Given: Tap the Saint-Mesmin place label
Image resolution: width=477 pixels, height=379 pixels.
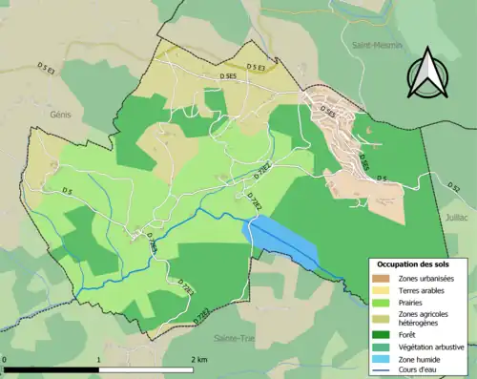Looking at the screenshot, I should pyautogui.click(x=372, y=45).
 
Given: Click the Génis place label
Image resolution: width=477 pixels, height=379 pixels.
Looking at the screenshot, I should pyautogui.click(x=62, y=112).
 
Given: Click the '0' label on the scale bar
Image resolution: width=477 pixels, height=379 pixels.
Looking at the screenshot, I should pyautogui.click(x=6, y=359).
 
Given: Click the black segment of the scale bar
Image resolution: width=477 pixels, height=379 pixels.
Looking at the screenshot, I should pyautogui.click(x=52, y=368).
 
